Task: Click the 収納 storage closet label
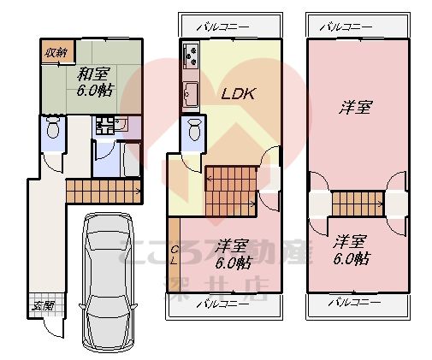[x=57, y=53]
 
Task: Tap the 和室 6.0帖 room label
[x=88, y=81]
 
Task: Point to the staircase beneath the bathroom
[x=103, y=190]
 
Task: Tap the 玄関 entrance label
[x=43, y=305]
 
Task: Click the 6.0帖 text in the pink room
[x=352, y=258]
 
